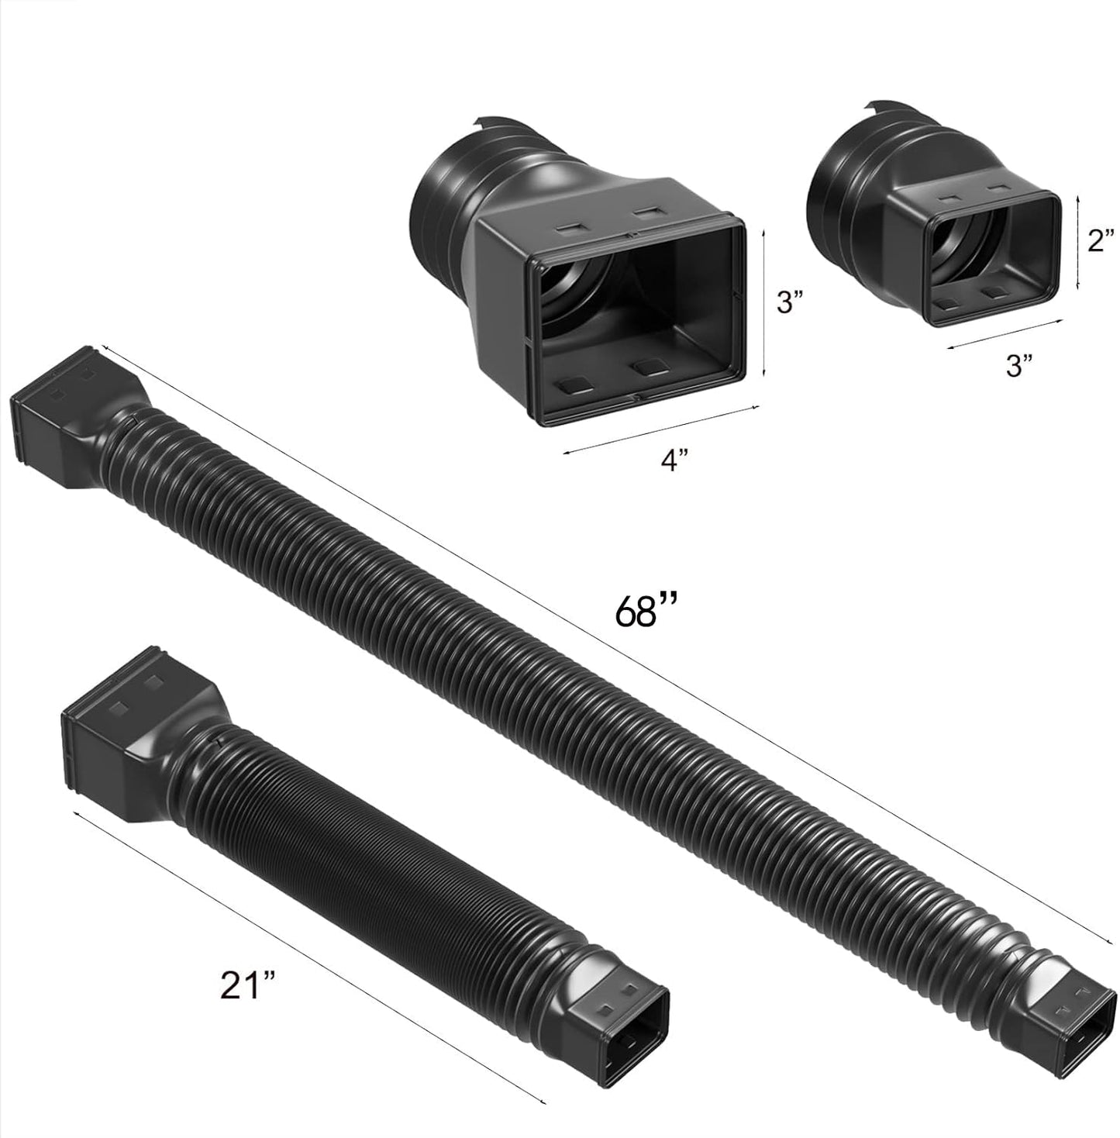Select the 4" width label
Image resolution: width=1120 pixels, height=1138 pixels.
(x=674, y=460)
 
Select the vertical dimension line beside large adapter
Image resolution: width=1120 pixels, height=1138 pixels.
(x=765, y=302)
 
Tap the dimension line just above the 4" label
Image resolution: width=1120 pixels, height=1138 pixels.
(x=659, y=429)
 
